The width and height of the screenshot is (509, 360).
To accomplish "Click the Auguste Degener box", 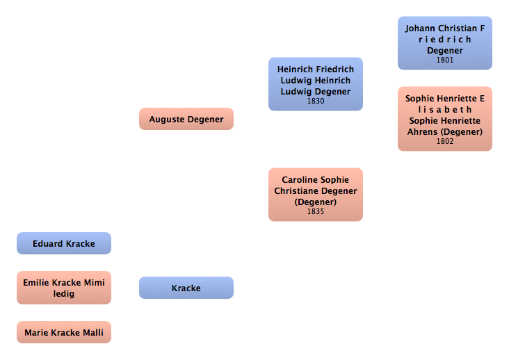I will tap(186, 119).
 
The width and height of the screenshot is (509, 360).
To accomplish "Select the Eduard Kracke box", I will tap(63, 243).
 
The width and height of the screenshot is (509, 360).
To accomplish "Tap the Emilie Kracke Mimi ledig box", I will tap(63, 288).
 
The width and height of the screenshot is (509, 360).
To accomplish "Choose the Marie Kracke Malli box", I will tap(63, 332).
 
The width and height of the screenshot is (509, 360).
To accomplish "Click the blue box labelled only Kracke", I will tap(186, 288).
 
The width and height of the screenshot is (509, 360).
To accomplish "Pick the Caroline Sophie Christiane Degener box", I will tap(315, 194).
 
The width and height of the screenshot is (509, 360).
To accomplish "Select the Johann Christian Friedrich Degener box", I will tap(444, 43).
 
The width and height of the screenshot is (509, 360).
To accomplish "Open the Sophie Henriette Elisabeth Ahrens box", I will tap(444, 118).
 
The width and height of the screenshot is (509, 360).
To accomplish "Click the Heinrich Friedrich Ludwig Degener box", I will tap(315, 83).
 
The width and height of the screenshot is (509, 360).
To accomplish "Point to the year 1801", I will tap(444, 60).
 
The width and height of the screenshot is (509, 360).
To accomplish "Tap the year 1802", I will tap(444, 141).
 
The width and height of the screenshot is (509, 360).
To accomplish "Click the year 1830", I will tap(315, 101).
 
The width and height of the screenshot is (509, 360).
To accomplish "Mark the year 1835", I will tap(315, 211).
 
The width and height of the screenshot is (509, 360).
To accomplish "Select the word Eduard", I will tap(48, 244).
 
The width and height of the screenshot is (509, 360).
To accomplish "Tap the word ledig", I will tap(63, 293).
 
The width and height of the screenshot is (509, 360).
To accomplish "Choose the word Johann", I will tap(421, 28).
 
